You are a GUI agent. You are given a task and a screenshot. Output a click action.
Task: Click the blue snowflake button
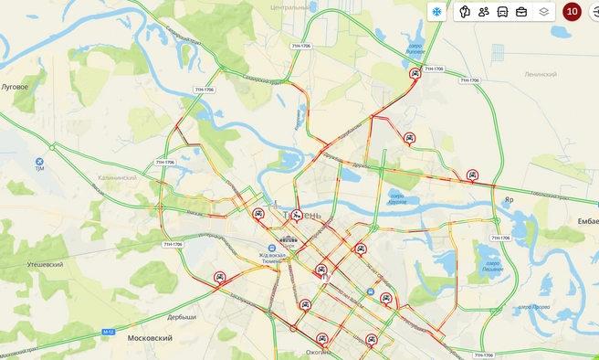436,12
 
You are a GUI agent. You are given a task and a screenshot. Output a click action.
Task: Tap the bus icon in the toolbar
502,12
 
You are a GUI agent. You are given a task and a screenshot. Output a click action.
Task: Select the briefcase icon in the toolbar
521,12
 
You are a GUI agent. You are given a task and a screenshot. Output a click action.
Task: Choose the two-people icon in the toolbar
483,12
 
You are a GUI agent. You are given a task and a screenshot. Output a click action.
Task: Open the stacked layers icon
544,12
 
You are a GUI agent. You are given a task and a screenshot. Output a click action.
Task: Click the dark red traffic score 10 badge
573,12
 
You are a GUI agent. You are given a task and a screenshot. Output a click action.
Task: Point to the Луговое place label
15,87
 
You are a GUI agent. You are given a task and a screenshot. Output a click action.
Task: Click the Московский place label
150,338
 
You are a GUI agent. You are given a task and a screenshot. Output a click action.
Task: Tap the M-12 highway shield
109,331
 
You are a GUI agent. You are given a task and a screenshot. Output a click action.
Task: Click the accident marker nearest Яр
472,175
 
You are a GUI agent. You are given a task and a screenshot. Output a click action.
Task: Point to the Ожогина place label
319,352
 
